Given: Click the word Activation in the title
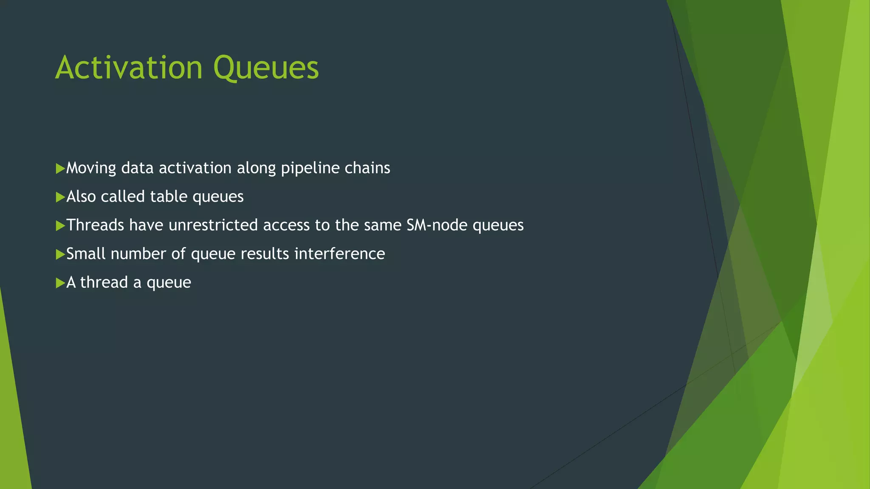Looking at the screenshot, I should click(x=129, y=67).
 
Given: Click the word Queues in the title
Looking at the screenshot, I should click(x=266, y=67).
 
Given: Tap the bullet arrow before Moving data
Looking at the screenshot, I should click(x=60, y=169).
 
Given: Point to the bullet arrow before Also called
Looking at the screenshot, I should click(x=60, y=197).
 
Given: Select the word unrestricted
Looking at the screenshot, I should click(x=213, y=225).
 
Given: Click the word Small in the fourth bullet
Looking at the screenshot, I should click(x=86, y=253).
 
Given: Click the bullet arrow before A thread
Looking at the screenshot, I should click(x=60, y=283).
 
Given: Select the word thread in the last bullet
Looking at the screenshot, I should click(x=104, y=282).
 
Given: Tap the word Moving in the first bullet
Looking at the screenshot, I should click(x=91, y=168).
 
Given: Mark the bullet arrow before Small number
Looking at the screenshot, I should click(x=60, y=254).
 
